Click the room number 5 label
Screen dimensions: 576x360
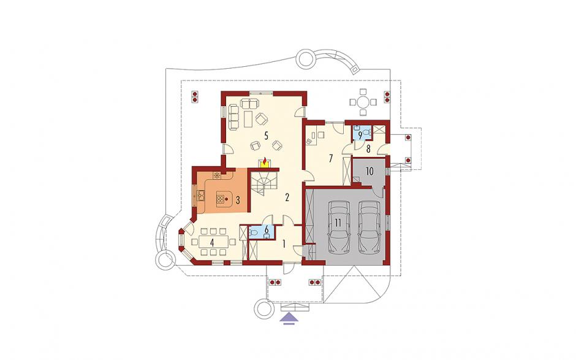pos(267,136)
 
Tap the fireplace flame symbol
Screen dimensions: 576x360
pos(264,162)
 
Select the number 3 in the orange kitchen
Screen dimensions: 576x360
pos(238,201)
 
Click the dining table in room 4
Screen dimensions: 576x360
pos(213,242)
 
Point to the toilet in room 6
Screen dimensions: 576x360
pos(252,232)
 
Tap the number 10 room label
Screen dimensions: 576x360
pos(369,171)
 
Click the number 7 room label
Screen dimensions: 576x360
pos(331,158)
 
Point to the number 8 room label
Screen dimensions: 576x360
pos(368,150)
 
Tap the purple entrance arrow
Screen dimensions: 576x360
pos(290,318)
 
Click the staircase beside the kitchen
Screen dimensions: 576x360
pos(263,185)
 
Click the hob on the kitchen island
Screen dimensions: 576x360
pos(221,200)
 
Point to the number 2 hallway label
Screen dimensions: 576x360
pos(287,197)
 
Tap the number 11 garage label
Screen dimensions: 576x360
pos(338,223)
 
